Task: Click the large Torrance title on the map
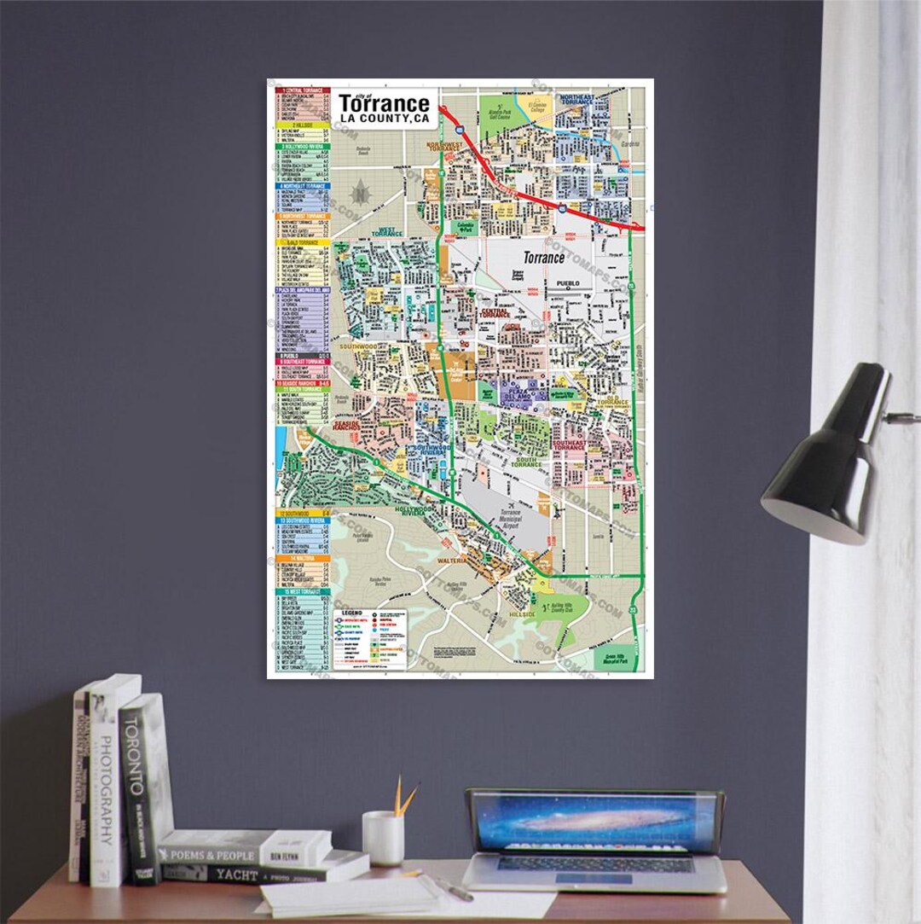pyautogui.click(x=384, y=104)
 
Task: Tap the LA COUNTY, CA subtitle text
pyautogui.click(x=384, y=119)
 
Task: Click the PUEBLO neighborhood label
pyautogui.click(x=568, y=282)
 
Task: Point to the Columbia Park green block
pyautogui.click(x=466, y=229)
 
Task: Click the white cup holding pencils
pyautogui.click(x=383, y=838)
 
